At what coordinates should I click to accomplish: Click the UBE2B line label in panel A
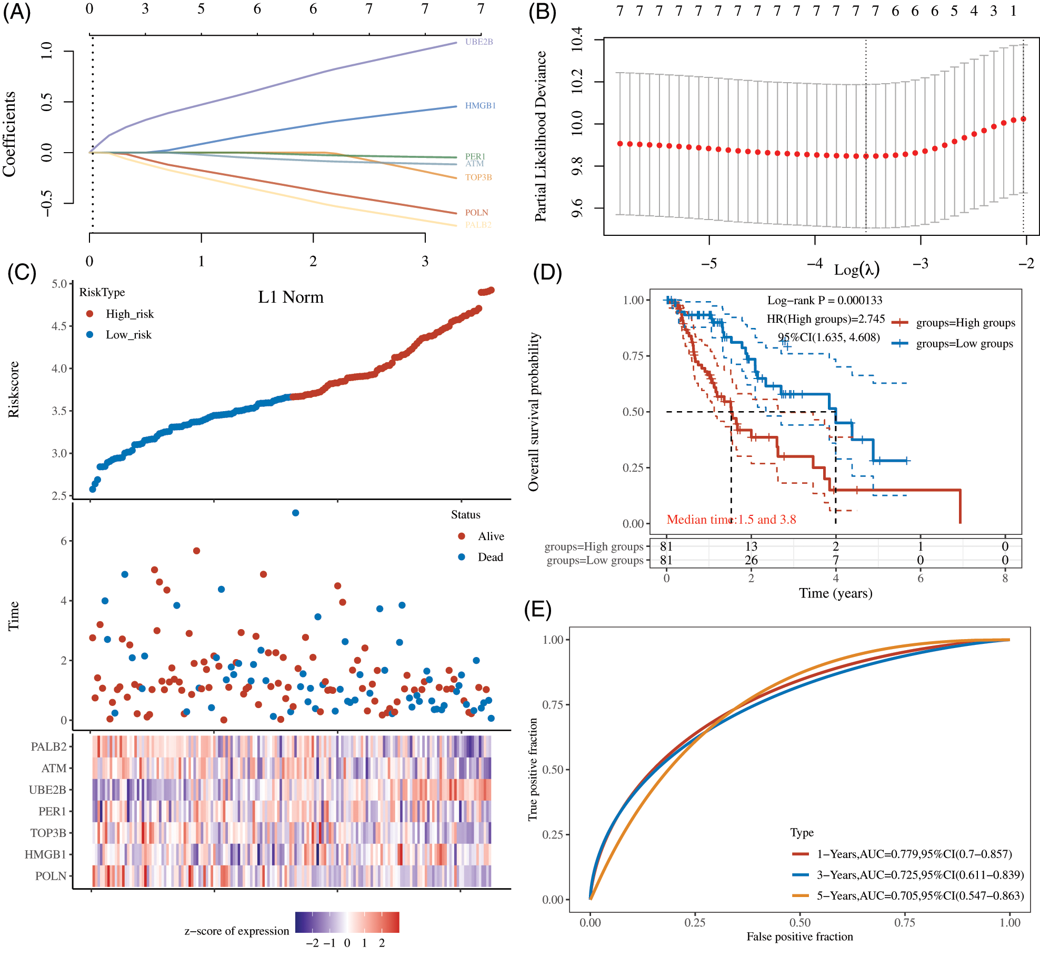pyautogui.click(x=478, y=42)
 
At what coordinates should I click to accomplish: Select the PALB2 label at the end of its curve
pyautogui.click(x=478, y=225)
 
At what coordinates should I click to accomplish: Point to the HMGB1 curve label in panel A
pyautogui.click(x=480, y=106)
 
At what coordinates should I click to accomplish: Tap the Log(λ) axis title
pyautogui.click(x=856, y=270)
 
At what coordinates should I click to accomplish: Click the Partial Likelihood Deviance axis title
pyautogui.click(x=541, y=136)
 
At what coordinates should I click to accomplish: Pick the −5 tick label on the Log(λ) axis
pyautogui.click(x=708, y=263)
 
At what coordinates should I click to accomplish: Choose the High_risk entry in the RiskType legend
pyautogui.click(x=129, y=314)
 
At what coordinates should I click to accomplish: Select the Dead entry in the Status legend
pyautogui.click(x=489, y=557)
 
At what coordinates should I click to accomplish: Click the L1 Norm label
pyautogui.click(x=291, y=297)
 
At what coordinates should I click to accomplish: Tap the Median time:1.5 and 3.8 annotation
pyautogui.click(x=731, y=520)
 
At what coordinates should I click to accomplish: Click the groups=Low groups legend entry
pyautogui.click(x=964, y=344)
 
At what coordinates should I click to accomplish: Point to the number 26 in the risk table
pyautogui.click(x=751, y=560)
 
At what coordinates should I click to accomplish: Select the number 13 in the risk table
pyautogui.click(x=751, y=546)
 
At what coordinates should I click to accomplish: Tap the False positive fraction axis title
pyautogui.click(x=799, y=937)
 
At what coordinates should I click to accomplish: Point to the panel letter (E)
pyautogui.click(x=537, y=609)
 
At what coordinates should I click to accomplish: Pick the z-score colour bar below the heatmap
pyautogui.click(x=347, y=922)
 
